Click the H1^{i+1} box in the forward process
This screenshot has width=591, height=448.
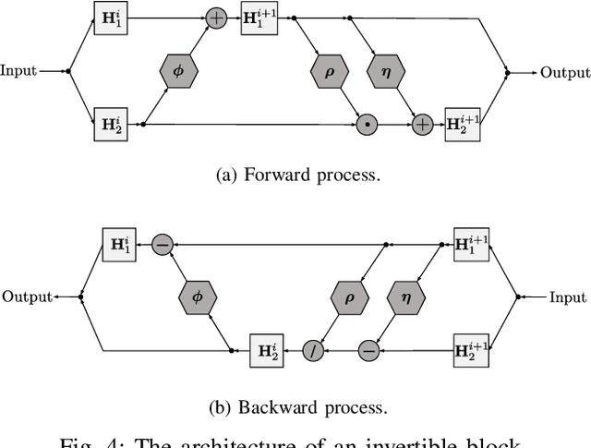[259, 18]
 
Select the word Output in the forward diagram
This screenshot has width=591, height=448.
[564, 71]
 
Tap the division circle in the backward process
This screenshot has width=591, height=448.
[313, 350]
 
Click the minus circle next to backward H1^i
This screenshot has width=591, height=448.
[163, 245]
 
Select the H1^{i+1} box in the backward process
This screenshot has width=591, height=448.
[471, 245]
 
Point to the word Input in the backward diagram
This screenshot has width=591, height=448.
[567, 297]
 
